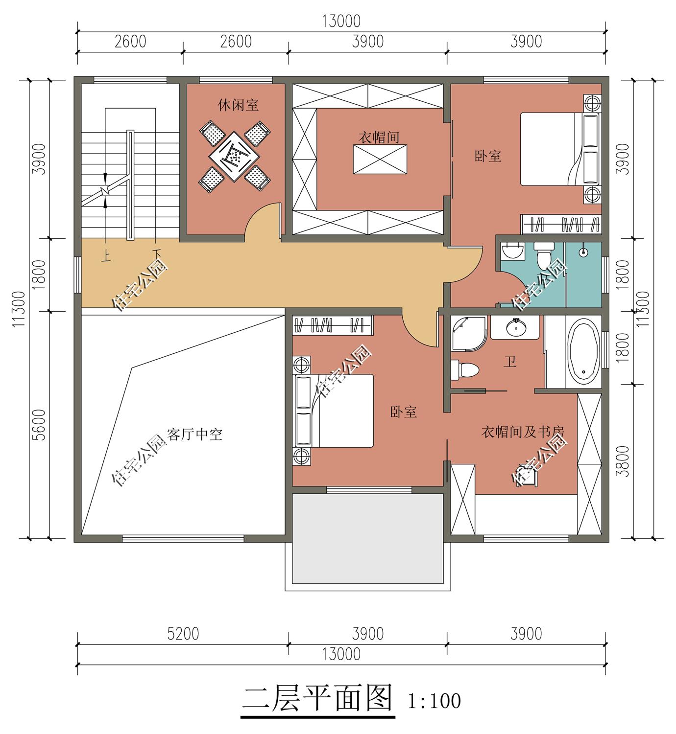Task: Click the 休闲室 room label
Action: [x=238, y=105]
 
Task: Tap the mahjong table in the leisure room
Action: [x=234, y=157]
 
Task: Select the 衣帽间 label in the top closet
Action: [x=379, y=137]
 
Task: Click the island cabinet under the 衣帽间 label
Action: [x=380, y=159]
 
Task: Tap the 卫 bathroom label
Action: [x=509, y=362]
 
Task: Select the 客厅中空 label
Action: [x=194, y=435]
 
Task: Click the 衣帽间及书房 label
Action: [x=523, y=432]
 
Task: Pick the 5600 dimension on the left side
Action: [x=39, y=425]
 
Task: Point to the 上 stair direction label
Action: [x=106, y=256]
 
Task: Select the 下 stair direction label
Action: [x=156, y=253]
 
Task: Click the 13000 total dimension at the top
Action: [x=341, y=21]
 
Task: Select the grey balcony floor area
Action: [x=367, y=538]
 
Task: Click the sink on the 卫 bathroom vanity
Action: [x=516, y=328]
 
